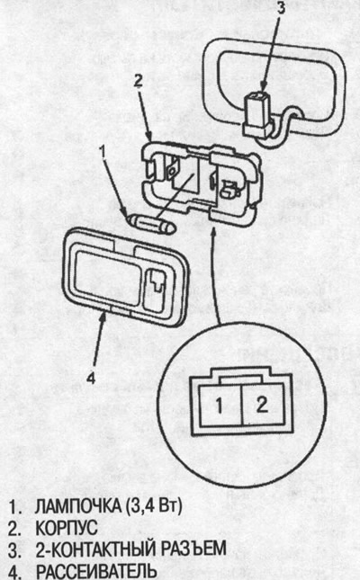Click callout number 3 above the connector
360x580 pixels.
[282, 8]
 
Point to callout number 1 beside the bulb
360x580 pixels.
[103, 151]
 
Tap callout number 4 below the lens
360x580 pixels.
[91, 378]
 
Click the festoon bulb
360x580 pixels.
[150, 224]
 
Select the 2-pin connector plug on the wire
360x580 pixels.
[256, 112]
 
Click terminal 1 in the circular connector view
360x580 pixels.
[220, 405]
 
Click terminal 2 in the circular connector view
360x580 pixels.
[262, 404]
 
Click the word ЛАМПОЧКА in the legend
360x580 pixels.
[77, 507]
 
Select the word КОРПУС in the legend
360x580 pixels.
[67, 528]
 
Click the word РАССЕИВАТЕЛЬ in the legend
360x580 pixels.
[94, 571]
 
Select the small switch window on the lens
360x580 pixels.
[155, 289]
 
